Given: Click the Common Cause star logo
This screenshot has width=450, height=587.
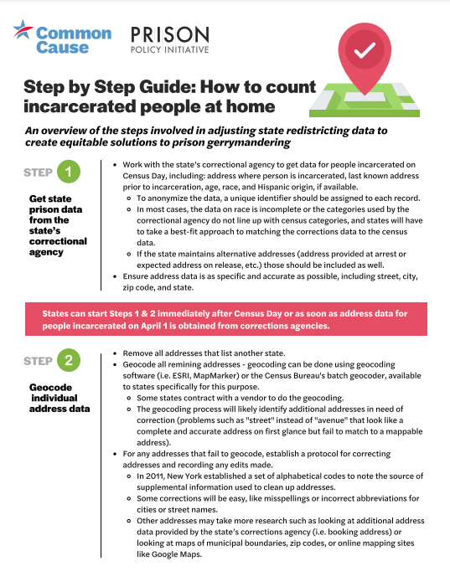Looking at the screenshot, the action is click(x=23, y=30).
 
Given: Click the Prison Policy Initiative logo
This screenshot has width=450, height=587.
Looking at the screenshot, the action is click(x=170, y=39).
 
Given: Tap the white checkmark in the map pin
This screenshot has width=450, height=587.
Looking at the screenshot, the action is click(x=365, y=50).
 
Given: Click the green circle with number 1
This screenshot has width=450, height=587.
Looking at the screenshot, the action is click(x=69, y=172).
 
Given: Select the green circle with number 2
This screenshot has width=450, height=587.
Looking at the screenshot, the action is click(x=69, y=360).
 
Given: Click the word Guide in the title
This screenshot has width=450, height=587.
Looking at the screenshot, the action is click(x=167, y=87).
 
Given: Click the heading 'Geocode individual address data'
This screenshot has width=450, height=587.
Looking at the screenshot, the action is click(x=59, y=398).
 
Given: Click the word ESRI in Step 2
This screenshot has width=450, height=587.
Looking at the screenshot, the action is click(x=182, y=375).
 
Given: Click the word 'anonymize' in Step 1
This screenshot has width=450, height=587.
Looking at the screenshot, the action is click(x=167, y=198).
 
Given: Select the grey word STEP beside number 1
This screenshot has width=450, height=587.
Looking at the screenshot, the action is click(x=38, y=172).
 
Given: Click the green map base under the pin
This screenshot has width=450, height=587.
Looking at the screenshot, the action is click(x=365, y=101).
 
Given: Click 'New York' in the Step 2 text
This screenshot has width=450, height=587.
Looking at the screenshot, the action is click(x=184, y=476).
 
